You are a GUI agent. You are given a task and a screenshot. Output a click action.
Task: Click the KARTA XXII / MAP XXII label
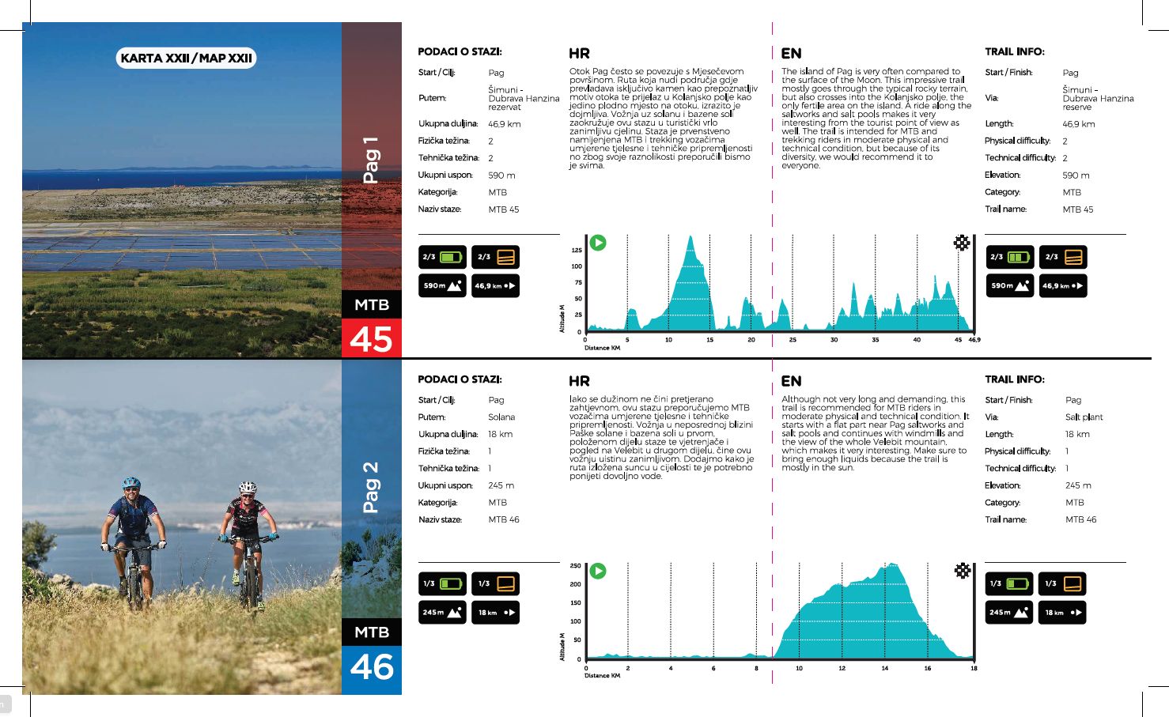[187, 58]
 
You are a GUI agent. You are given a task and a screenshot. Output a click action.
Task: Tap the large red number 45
[372, 339]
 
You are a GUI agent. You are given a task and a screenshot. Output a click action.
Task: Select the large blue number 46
[372, 667]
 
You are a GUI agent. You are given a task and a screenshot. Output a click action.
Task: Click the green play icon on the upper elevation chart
[599, 243]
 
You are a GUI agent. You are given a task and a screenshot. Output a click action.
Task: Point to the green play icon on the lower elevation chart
[599, 571]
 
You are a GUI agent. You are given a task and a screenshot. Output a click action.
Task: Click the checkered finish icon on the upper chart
[962, 243]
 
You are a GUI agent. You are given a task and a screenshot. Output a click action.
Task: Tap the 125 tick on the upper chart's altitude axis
[577, 250]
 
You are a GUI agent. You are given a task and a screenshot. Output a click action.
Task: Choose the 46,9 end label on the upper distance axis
[974, 340]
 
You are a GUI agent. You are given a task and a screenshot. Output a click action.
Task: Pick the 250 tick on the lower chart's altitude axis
[575, 566]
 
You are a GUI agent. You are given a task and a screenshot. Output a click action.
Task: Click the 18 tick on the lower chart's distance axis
[974, 668]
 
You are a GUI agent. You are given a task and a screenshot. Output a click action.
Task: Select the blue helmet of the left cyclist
[131, 482]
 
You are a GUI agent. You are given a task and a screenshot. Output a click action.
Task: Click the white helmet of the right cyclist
[248, 487]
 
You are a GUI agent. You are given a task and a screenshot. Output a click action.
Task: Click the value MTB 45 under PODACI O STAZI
[504, 209]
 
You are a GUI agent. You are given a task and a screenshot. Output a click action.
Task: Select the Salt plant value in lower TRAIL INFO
[1084, 417]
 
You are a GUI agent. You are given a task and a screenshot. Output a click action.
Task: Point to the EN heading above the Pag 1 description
[791, 54]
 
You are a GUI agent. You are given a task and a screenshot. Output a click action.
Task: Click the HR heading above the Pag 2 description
[579, 381]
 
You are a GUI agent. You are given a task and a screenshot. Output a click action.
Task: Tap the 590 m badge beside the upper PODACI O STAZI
[442, 285]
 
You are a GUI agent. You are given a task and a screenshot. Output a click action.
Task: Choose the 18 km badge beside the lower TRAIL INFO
[1062, 613]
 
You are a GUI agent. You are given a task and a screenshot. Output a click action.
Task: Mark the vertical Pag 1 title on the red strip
[370, 160]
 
